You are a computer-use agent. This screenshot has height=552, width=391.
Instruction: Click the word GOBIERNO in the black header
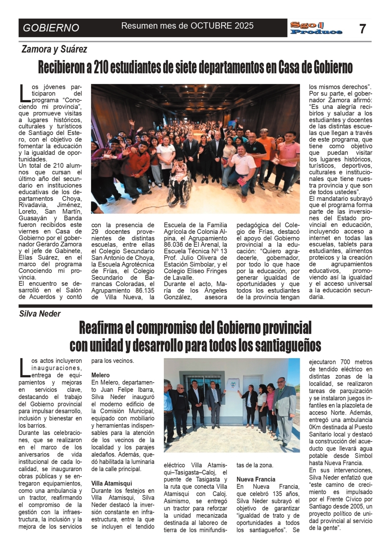(51, 28)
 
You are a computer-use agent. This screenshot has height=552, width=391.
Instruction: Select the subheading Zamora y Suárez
(54, 49)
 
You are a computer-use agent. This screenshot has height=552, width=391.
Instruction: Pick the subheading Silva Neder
(40, 314)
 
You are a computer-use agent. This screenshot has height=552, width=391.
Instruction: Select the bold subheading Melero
(100, 375)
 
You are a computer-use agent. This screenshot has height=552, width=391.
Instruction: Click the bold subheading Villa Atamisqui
(111, 483)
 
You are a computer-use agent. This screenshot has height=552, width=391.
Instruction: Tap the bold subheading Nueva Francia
(256, 479)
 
